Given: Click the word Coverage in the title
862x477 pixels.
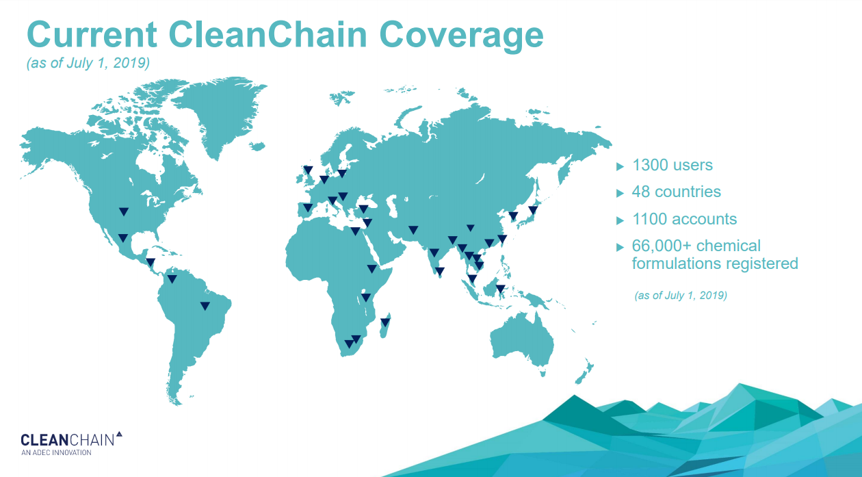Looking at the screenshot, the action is (461, 36).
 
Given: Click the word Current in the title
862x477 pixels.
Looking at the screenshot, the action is (92, 34).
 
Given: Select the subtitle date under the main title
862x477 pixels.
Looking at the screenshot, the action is (88, 63).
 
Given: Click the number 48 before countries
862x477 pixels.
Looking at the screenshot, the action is (641, 192).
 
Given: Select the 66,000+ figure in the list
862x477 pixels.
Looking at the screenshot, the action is (662, 246).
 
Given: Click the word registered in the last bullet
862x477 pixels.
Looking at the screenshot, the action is (759, 264).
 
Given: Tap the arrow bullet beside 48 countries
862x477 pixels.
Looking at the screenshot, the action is (620, 193).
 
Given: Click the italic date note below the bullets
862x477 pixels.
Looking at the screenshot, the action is (681, 295).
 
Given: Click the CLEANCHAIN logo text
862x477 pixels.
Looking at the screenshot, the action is (68, 439).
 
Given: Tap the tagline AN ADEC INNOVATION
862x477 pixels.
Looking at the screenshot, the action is (56, 453).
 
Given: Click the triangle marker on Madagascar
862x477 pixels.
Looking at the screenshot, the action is (385, 322).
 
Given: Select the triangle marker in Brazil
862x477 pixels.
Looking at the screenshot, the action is (205, 306).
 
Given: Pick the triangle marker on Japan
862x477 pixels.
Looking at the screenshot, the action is (533, 210).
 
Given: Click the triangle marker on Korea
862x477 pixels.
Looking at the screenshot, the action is (513, 216).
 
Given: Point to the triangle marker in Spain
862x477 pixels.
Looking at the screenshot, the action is (308, 208).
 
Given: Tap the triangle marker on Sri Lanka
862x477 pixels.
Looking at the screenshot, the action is (439, 272).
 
